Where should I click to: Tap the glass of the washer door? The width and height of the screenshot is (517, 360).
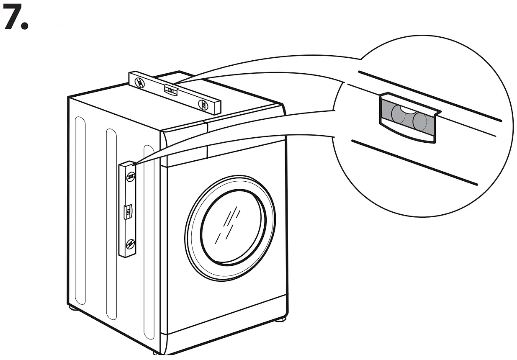(x=233, y=227)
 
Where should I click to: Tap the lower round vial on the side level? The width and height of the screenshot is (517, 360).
(x=131, y=243)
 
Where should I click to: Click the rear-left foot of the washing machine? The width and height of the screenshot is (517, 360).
(x=73, y=309)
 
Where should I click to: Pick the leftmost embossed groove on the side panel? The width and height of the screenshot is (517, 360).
(x=80, y=209)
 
